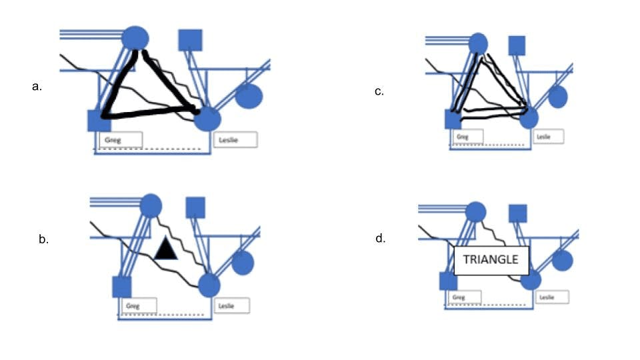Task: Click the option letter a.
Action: click(37, 86)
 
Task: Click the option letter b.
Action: click(43, 239)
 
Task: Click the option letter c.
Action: click(379, 91)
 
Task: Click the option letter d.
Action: click(380, 238)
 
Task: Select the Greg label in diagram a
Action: click(121, 140)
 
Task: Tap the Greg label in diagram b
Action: click(137, 306)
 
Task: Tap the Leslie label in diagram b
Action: click(232, 306)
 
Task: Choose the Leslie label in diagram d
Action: click(552, 297)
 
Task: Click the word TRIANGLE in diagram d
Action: click(491, 260)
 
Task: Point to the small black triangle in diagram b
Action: click(165, 249)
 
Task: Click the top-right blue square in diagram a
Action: click(190, 40)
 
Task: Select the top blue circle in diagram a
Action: click(136, 38)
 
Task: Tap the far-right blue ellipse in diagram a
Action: click(249, 95)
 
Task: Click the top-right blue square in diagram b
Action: click(195, 208)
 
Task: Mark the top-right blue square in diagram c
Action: click(517, 45)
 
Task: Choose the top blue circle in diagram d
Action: click(475, 213)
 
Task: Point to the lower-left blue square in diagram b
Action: click(121, 287)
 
